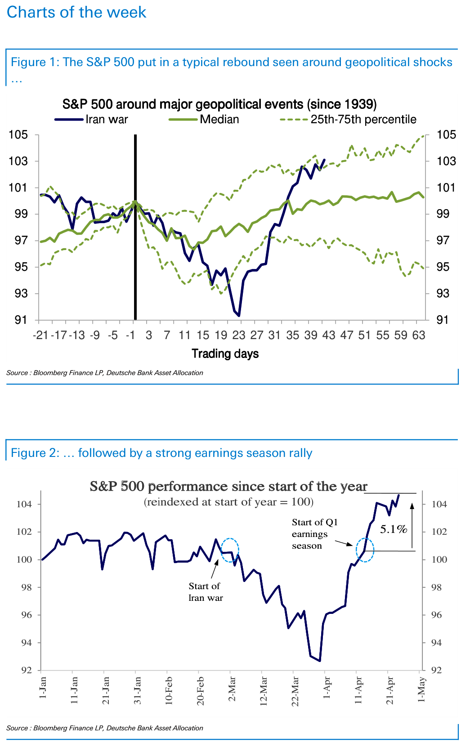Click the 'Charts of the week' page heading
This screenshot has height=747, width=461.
(76, 12)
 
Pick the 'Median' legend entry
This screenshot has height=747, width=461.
(204, 120)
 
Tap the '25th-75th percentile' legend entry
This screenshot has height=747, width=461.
(348, 120)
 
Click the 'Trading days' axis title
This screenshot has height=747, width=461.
(225, 353)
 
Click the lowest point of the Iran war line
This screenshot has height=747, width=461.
(239, 316)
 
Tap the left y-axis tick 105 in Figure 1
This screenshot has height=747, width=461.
(18, 135)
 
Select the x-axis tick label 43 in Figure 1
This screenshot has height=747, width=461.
(329, 335)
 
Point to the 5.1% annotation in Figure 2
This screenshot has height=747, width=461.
(394, 529)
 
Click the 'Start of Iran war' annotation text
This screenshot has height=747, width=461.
(205, 592)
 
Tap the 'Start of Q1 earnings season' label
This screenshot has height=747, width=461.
(314, 534)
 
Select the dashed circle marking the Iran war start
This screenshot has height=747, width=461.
(230, 550)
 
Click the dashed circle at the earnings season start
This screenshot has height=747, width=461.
(365, 550)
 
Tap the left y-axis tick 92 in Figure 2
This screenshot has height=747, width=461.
(27, 671)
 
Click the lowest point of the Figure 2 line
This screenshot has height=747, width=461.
(319, 661)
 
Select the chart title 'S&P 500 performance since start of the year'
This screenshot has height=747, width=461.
(228, 487)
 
